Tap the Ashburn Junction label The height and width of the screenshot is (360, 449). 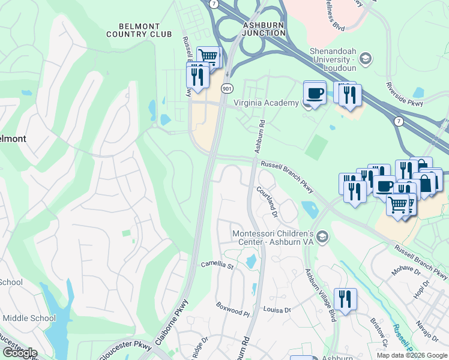point(264,29)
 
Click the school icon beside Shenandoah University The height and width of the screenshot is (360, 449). point(365,58)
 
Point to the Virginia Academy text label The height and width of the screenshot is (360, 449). point(265,103)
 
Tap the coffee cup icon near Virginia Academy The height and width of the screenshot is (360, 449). point(315,93)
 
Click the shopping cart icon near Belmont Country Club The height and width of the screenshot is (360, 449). point(208,56)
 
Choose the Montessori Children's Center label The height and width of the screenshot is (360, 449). point(273,237)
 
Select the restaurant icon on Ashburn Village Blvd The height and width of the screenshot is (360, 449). point(345,299)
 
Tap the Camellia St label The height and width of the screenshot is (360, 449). point(217,264)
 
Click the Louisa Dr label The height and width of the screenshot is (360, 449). point(277,310)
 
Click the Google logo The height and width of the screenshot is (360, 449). point(19,353)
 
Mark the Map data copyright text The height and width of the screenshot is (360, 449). point(411,355)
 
